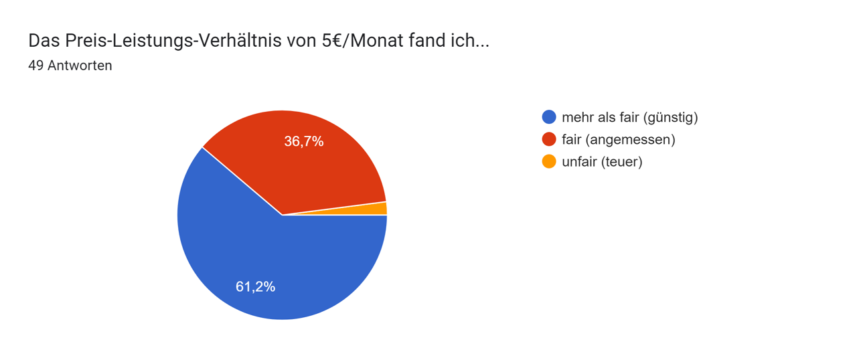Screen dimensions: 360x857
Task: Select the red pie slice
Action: click(x=295, y=167)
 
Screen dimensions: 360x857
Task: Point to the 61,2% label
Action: click(x=255, y=286)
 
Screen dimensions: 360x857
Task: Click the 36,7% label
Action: click(x=304, y=141)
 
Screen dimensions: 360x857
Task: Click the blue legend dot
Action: click(x=549, y=117)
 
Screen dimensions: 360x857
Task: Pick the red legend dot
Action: click(x=549, y=139)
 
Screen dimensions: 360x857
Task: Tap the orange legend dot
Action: click(x=549, y=161)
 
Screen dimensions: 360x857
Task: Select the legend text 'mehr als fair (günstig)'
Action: click(x=629, y=117)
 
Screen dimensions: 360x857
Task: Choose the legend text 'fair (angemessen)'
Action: click(x=618, y=139)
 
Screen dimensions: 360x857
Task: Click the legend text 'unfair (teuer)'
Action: click(x=602, y=161)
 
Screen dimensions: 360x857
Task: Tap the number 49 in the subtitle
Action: click(x=35, y=66)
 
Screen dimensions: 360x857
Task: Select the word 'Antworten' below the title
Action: click(x=80, y=66)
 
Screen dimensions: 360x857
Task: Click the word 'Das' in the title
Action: click(x=44, y=41)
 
